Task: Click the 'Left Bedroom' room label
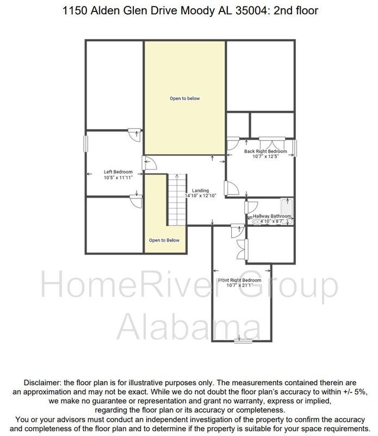click(118, 172)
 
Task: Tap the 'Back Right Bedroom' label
click(265, 151)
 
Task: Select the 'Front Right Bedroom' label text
click(239, 280)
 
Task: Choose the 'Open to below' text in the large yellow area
click(184, 99)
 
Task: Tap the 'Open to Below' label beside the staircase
click(164, 240)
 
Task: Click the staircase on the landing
click(176, 199)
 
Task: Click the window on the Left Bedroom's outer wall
click(85, 144)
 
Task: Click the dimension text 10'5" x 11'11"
click(118, 178)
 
